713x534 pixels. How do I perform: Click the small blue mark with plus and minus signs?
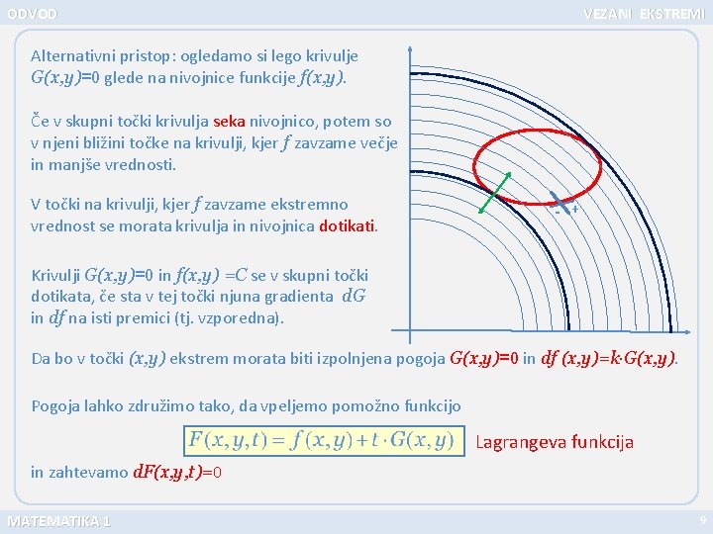pos(563,205)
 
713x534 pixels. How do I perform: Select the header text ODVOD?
pos(33,14)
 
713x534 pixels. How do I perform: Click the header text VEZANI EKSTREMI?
pos(644,14)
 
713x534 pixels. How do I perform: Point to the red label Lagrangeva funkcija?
pos(555,442)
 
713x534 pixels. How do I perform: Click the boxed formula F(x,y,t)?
pos(322,439)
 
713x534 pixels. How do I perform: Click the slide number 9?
pos(702,520)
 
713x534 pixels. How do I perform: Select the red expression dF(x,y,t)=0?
pos(177,473)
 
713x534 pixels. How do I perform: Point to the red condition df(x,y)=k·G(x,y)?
pos(609,359)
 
